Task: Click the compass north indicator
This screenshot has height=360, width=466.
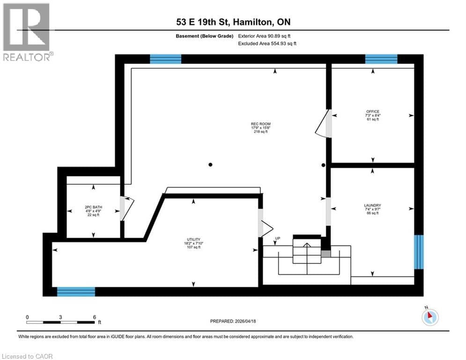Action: pos(429,317)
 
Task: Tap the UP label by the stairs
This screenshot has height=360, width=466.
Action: pos(277,239)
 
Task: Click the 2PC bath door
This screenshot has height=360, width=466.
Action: pos(126,207)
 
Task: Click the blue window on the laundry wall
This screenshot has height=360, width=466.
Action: pos(419,252)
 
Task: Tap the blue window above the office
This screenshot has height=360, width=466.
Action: pos(381,59)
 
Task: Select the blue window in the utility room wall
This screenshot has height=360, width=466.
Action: pos(76,292)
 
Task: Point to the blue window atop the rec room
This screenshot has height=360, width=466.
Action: pos(165,59)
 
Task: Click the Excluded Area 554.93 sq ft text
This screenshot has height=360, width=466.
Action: pos(267,43)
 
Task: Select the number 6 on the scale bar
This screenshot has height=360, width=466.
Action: pos(94,317)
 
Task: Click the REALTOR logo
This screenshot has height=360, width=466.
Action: pos(27,32)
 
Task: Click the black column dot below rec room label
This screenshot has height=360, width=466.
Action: pos(211,165)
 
